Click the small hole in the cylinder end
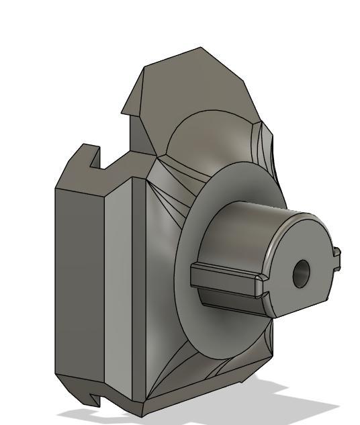[300, 274]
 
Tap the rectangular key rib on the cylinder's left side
[225, 279]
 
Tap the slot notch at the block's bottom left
[95, 399]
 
